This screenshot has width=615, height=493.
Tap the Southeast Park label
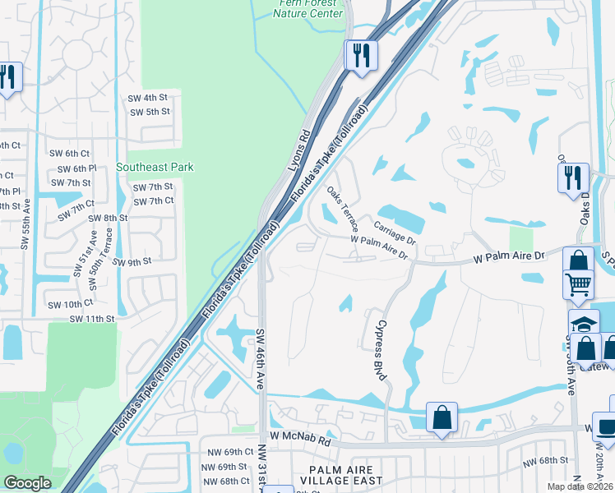155,167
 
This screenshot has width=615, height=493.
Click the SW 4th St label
148,98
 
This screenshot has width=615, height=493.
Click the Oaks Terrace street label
343,209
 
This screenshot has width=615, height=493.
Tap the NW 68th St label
548,459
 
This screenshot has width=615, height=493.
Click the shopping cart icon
578,284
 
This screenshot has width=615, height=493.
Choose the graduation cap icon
583,322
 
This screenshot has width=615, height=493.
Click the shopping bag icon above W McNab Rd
442,417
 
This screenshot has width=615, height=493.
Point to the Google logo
27,483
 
